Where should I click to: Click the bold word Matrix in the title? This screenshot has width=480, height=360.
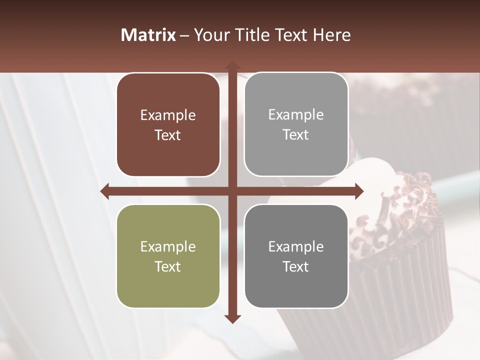coord(148,35)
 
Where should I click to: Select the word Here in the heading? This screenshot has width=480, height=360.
coord(331,35)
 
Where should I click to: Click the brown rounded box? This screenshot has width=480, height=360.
coord(168,125)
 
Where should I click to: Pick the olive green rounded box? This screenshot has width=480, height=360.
coord(168,256)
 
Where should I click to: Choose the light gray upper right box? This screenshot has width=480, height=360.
coord(296,124)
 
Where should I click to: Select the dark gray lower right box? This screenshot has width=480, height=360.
coord(296,256)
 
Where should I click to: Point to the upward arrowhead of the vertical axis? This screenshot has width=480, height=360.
coord(232,64)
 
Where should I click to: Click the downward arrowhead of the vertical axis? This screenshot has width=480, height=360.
coord(232,319)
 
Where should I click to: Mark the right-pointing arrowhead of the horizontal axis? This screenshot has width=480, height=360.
coord(359,191)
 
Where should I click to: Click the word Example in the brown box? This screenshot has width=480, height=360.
coord(168,115)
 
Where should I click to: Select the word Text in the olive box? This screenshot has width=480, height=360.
coord(168,266)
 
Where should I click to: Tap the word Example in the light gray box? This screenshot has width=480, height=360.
coord(296,115)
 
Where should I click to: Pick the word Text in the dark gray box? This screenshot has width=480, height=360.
coord(296,266)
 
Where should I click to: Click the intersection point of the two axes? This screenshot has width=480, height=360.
coord(232,191)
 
